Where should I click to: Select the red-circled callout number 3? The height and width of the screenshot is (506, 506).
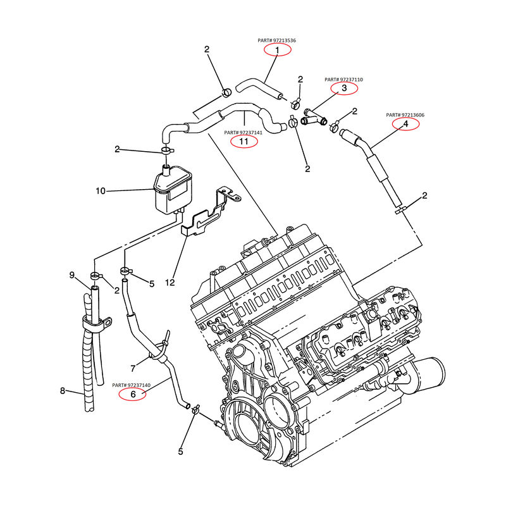click(344, 89)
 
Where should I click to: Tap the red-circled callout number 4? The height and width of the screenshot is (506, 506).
click(405, 124)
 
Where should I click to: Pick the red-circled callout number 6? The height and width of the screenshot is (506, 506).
click(133, 394)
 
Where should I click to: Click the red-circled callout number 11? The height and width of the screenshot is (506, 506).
click(244, 142)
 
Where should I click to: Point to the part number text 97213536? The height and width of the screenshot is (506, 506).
click(277, 40)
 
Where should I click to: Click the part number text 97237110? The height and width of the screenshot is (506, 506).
click(344, 80)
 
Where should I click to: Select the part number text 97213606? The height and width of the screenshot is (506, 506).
click(405, 115)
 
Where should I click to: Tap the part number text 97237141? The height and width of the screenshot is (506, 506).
click(244, 133)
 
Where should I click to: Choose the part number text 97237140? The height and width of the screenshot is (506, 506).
click(132, 385)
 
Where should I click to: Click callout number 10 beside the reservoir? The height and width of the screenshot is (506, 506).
click(100, 190)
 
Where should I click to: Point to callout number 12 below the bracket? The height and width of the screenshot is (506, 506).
click(170, 281)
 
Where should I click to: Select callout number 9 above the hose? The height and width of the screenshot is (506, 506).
click(72, 275)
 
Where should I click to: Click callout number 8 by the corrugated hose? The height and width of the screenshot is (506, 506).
click(63, 390)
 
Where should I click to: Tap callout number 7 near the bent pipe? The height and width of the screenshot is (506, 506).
click(133, 368)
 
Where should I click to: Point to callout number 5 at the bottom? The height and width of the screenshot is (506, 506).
click(180, 452)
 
